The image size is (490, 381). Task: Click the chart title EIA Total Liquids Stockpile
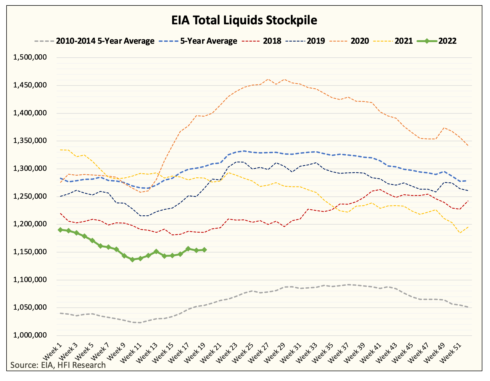[244, 20]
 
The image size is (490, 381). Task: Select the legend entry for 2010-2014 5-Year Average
[94, 41]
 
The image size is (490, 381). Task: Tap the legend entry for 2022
[437, 41]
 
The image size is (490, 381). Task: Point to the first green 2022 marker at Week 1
[60, 230]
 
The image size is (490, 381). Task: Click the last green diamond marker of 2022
[204, 250]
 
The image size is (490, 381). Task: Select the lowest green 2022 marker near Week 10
[132, 260]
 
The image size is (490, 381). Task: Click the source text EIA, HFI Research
[58, 365]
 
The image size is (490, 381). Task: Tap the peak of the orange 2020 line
[268, 79]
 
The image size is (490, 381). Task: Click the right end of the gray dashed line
[468, 307]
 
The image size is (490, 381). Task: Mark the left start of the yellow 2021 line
[60, 150]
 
